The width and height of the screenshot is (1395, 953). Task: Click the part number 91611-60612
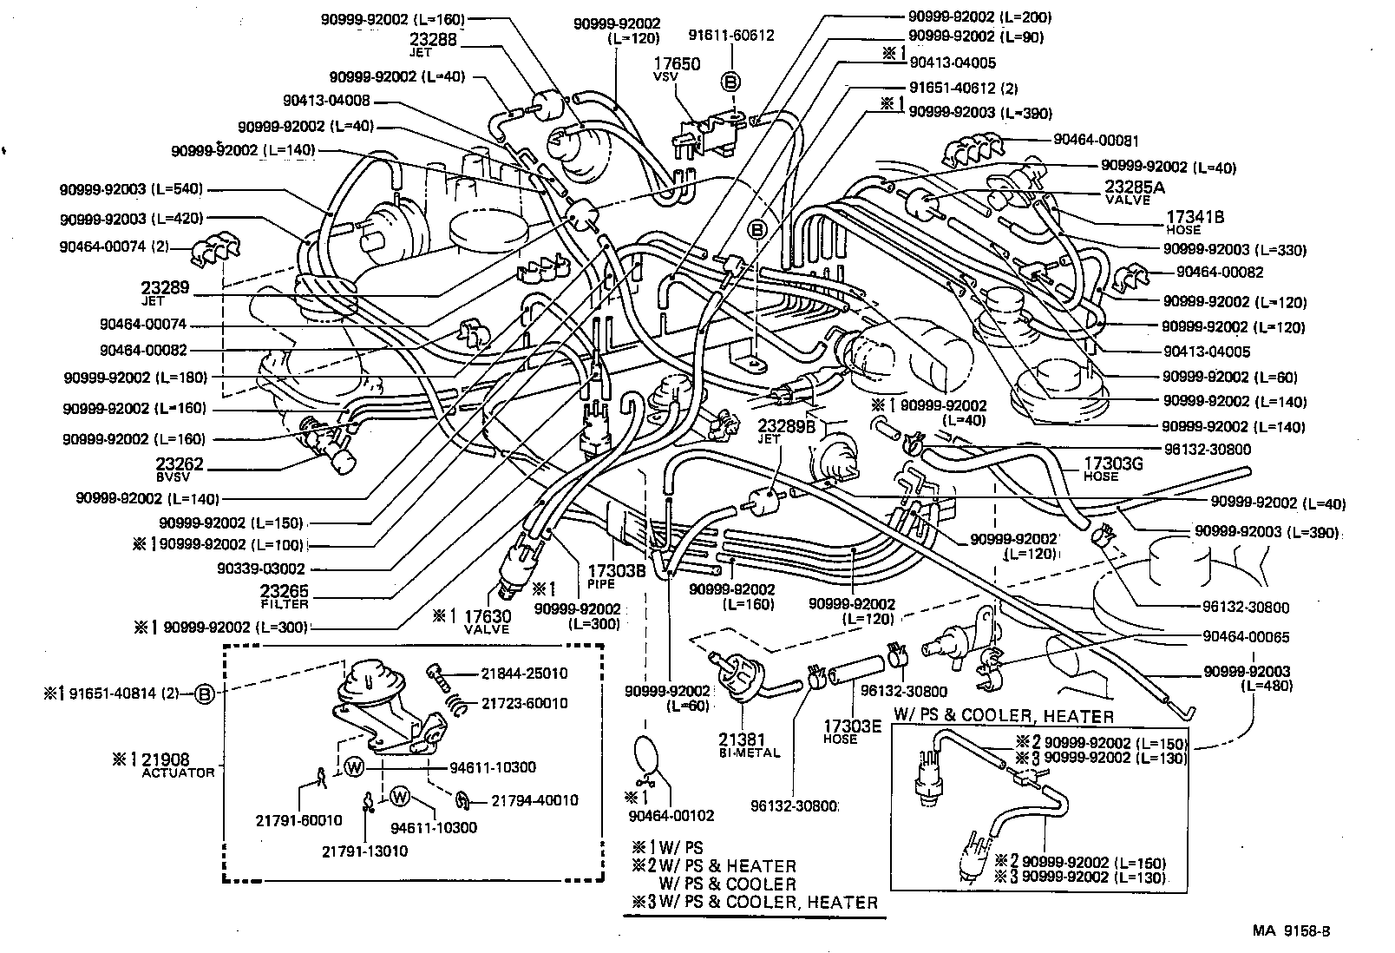731,36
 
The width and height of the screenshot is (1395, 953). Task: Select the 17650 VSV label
677,69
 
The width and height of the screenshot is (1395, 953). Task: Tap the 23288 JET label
433,44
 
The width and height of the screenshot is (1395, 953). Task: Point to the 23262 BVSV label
180,469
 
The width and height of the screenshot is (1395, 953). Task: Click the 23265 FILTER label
284,596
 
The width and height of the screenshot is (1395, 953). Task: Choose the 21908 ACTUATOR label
178,766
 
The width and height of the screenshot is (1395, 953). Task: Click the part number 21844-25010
524,674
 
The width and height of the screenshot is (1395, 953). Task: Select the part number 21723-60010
524,703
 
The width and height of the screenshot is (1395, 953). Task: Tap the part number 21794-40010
535,800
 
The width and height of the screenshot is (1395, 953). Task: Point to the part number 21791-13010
365,851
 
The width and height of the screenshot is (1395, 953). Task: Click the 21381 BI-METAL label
750,745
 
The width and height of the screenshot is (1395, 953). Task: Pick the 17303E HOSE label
853,732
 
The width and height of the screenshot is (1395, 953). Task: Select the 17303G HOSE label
1114,469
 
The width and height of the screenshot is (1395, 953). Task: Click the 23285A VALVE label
1135,193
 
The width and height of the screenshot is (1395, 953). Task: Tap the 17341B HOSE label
1195,222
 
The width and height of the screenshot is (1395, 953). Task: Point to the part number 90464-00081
1096,141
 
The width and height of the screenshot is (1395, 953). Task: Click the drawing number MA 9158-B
1292,931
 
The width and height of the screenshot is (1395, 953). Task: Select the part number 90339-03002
261,569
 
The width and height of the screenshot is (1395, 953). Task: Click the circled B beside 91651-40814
204,693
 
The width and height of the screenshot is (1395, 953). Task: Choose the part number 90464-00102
671,816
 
